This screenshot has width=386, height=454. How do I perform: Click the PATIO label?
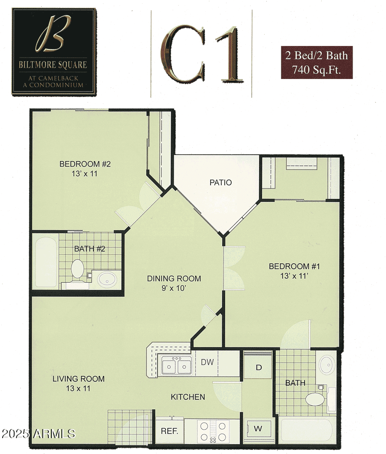(220, 183)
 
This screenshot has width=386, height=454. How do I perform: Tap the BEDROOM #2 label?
(85, 164)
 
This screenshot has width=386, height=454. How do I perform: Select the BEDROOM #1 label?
(294, 266)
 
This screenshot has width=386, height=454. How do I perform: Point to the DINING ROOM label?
(174, 278)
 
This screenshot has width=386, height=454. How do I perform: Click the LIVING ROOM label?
(78, 379)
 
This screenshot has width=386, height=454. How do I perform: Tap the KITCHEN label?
(188, 397)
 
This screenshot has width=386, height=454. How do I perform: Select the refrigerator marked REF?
(170, 431)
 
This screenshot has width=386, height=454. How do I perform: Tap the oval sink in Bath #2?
(107, 280)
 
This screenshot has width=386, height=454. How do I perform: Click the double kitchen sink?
(176, 366)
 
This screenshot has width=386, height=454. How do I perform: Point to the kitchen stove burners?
(213, 431)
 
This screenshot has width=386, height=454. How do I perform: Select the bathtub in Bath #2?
(46, 262)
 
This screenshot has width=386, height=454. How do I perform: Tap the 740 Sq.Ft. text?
(317, 70)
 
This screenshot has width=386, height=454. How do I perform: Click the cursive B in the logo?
(53, 34)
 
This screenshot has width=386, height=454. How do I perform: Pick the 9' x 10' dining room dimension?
(173, 288)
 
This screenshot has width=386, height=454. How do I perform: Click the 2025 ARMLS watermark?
(38, 434)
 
